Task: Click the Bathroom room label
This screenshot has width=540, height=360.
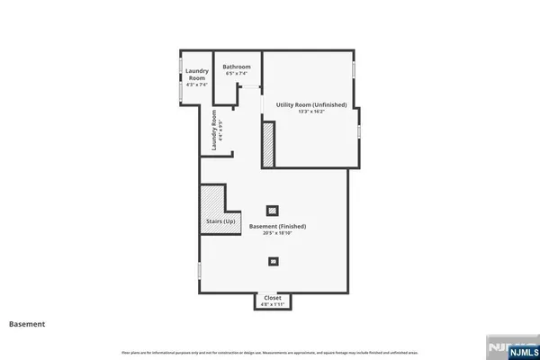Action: pos(237,67)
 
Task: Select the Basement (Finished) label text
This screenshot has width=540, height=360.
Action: pos(278,226)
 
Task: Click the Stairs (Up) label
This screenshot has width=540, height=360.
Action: pos(220,221)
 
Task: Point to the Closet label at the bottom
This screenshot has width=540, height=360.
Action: pos(273,297)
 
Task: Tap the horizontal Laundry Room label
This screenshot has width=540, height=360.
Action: pos(197,74)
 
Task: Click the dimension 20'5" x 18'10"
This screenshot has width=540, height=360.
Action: pos(278,233)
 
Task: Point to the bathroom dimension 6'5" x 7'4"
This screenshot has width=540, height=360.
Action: pos(237,73)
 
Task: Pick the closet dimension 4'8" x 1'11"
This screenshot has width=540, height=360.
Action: pos(273,303)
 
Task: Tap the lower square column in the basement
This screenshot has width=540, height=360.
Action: pos(274,261)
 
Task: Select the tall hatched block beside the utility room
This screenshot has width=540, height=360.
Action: pos(267,144)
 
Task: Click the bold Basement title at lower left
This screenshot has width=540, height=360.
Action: pos(26,323)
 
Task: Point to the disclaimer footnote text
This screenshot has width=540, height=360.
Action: pos(270,351)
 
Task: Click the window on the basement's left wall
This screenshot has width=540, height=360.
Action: pos(200,270)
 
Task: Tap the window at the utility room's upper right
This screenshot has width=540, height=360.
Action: pos(354,68)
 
